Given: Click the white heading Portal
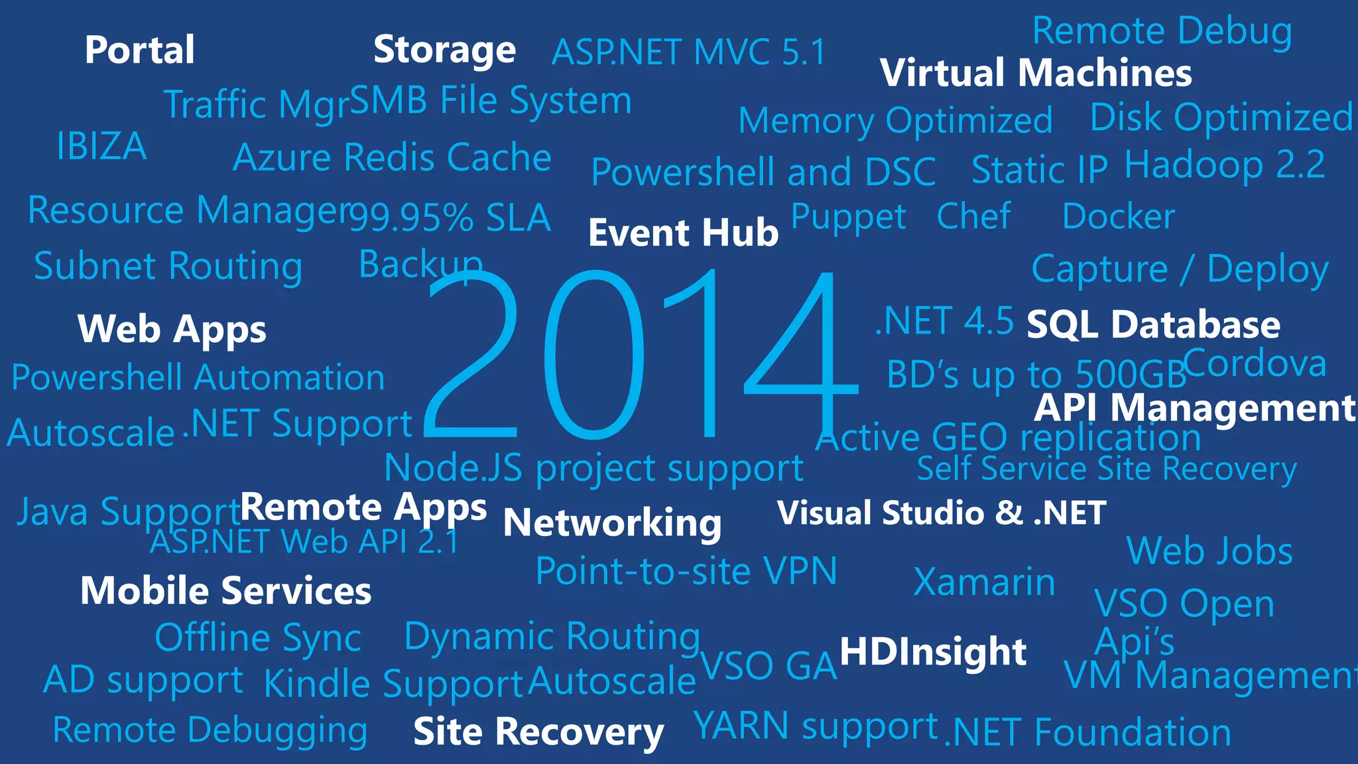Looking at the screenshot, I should [139, 50].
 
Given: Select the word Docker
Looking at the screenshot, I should [1118, 216].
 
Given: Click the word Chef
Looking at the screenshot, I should [973, 216].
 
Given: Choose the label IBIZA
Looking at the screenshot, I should [101, 146].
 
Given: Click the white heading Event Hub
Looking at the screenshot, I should [683, 233].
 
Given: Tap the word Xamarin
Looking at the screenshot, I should [984, 582].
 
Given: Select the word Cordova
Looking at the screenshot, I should [1255, 363].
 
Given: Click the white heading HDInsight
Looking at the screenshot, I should [933, 651].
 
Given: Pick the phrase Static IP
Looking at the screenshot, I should [1039, 170].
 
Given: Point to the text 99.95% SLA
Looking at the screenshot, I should [450, 218].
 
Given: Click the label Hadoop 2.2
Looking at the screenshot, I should [1225, 164].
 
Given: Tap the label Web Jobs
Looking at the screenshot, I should [1209, 551].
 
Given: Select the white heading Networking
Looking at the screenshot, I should [612, 523].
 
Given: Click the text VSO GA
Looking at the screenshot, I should [769, 666].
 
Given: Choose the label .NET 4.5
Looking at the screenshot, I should [944, 321].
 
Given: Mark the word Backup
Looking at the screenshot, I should [420, 265].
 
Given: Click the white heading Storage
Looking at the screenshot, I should [444, 50].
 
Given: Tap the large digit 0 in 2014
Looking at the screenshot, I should [593, 355].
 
